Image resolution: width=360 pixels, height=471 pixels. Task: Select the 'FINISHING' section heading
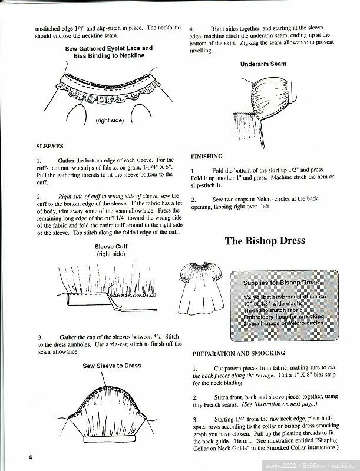pyautogui.click(x=206, y=157)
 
